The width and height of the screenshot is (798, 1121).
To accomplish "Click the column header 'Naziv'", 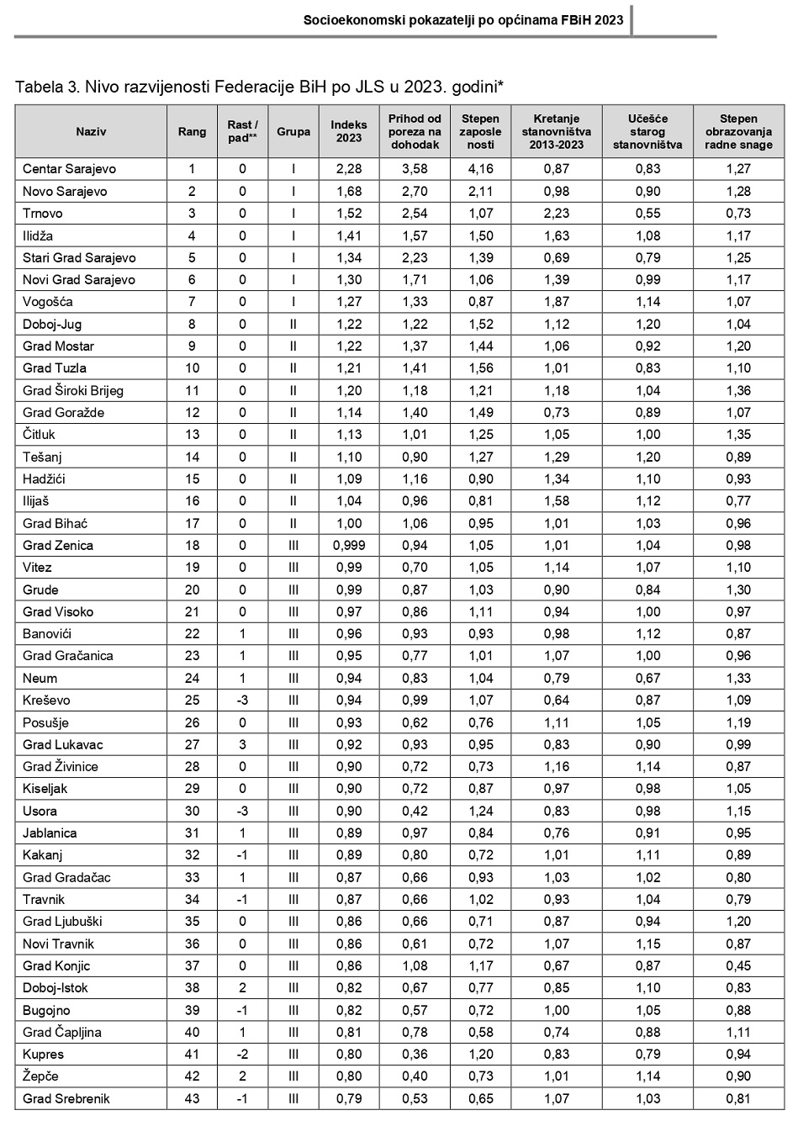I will click(91, 131).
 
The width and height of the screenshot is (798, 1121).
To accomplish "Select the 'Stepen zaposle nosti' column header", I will click(480, 131).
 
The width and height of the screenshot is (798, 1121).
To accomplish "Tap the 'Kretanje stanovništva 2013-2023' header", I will click(556, 131).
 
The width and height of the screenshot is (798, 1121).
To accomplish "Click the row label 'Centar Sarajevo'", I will click(69, 169).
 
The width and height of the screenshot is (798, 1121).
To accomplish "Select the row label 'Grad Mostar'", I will click(58, 346).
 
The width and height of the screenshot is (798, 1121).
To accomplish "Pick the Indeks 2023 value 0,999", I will click(348, 546).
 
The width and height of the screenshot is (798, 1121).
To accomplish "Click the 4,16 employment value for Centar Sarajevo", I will click(480, 169).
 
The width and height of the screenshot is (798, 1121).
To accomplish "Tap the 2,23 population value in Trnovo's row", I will click(556, 214).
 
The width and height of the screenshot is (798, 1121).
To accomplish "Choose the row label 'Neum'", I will click(40, 679).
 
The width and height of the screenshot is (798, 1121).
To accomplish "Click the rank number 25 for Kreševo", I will click(192, 701).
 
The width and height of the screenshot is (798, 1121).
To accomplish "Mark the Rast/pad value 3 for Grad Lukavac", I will click(242, 745).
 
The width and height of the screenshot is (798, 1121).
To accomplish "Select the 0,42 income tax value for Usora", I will click(415, 812).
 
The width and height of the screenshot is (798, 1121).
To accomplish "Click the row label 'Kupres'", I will click(43, 1055).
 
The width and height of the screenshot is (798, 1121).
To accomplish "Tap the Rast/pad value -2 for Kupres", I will click(242, 1055).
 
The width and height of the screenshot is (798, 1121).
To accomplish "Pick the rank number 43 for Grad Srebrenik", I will click(192, 1099).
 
